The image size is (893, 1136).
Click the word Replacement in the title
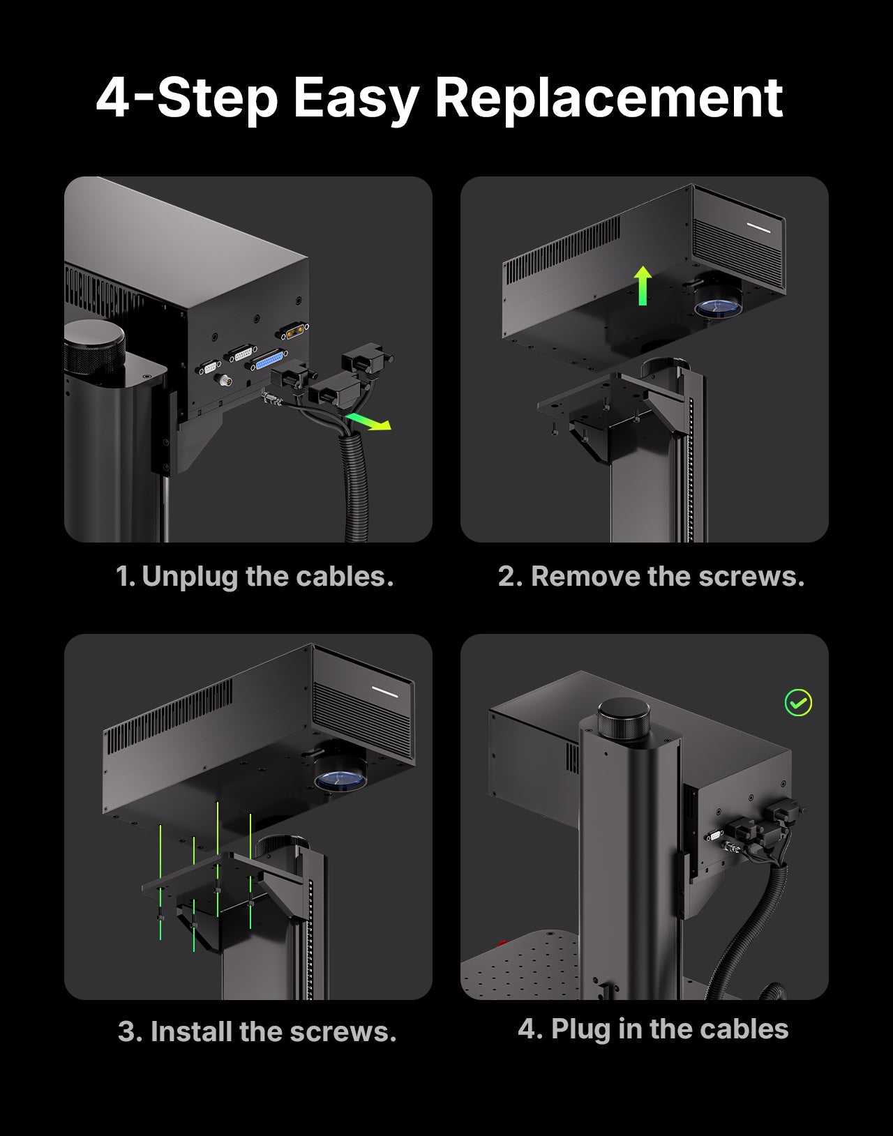pyautogui.click(x=608, y=98)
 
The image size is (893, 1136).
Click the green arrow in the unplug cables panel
pyautogui.click(x=368, y=421)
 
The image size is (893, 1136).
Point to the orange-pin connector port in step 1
pyautogui.click(x=292, y=331)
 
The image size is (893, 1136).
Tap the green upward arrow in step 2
pyautogui.click(x=643, y=285)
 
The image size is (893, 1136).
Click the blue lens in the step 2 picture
pyautogui.click(x=716, y=308)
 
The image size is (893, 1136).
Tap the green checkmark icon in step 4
pyautogui.click(x=798, y=703)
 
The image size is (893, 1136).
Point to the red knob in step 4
pyautogui.click(x=502, y=944)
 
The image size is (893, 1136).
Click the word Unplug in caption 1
pyautogui.click(x=190, y=577)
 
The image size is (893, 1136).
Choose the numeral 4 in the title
pyautogui.click(x=112, y=98)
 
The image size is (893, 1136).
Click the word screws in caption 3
pyautogui.click(x=343, y=1033)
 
